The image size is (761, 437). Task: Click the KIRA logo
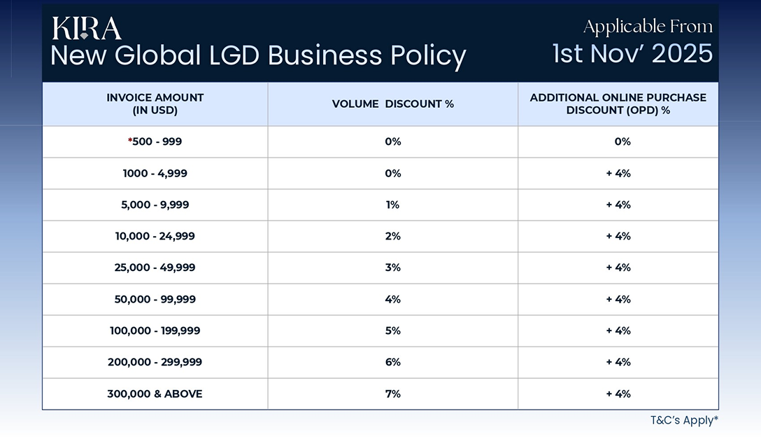(x=86, y=28)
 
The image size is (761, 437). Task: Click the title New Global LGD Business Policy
(x=257, y=55)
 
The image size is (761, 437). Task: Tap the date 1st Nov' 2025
(x=632, y=53)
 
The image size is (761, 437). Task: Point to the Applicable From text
(x=648, y=27)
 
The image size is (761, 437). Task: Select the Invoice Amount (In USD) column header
(x=155, y=104)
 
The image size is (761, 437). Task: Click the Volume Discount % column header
(x=392, y=104)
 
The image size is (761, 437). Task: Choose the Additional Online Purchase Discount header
(x=618, y=104)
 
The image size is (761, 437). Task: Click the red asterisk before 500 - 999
(x=130, y=141)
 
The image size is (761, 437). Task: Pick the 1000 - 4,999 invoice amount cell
(x=155, y=173)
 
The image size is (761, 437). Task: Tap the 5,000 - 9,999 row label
(x=155, y=204)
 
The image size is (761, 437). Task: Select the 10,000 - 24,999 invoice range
(x=155, y=236)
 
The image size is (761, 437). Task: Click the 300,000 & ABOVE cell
(x=155, y=394)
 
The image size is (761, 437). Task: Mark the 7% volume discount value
(x=392, y=394)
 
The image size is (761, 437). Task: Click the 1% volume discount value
(x=392, y=204)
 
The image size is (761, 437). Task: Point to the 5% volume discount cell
(x=392, y=331)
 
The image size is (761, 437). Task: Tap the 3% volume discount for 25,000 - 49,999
(x=392, y=268)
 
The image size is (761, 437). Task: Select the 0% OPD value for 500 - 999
(x=622, y=141)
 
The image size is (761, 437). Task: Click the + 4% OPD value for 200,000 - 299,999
(x=618, y=362)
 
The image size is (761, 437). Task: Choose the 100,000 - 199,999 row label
(x=155, y=331)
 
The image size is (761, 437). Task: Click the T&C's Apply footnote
(x=683, y=420)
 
